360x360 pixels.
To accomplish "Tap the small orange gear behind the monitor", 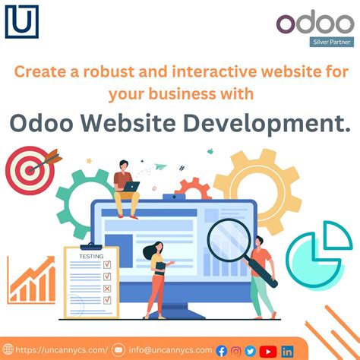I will click(x=193, y=188).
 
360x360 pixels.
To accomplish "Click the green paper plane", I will click(x=160, y=166).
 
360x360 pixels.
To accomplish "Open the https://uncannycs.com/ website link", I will click(x=57, y=350).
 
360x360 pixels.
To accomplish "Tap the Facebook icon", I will click(x=222, y=351).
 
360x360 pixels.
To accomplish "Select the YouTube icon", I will click(x=267, y=351).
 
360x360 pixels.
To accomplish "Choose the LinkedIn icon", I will click(x=288, y=351).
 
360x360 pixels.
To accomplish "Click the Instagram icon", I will click(x=236, y=351).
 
